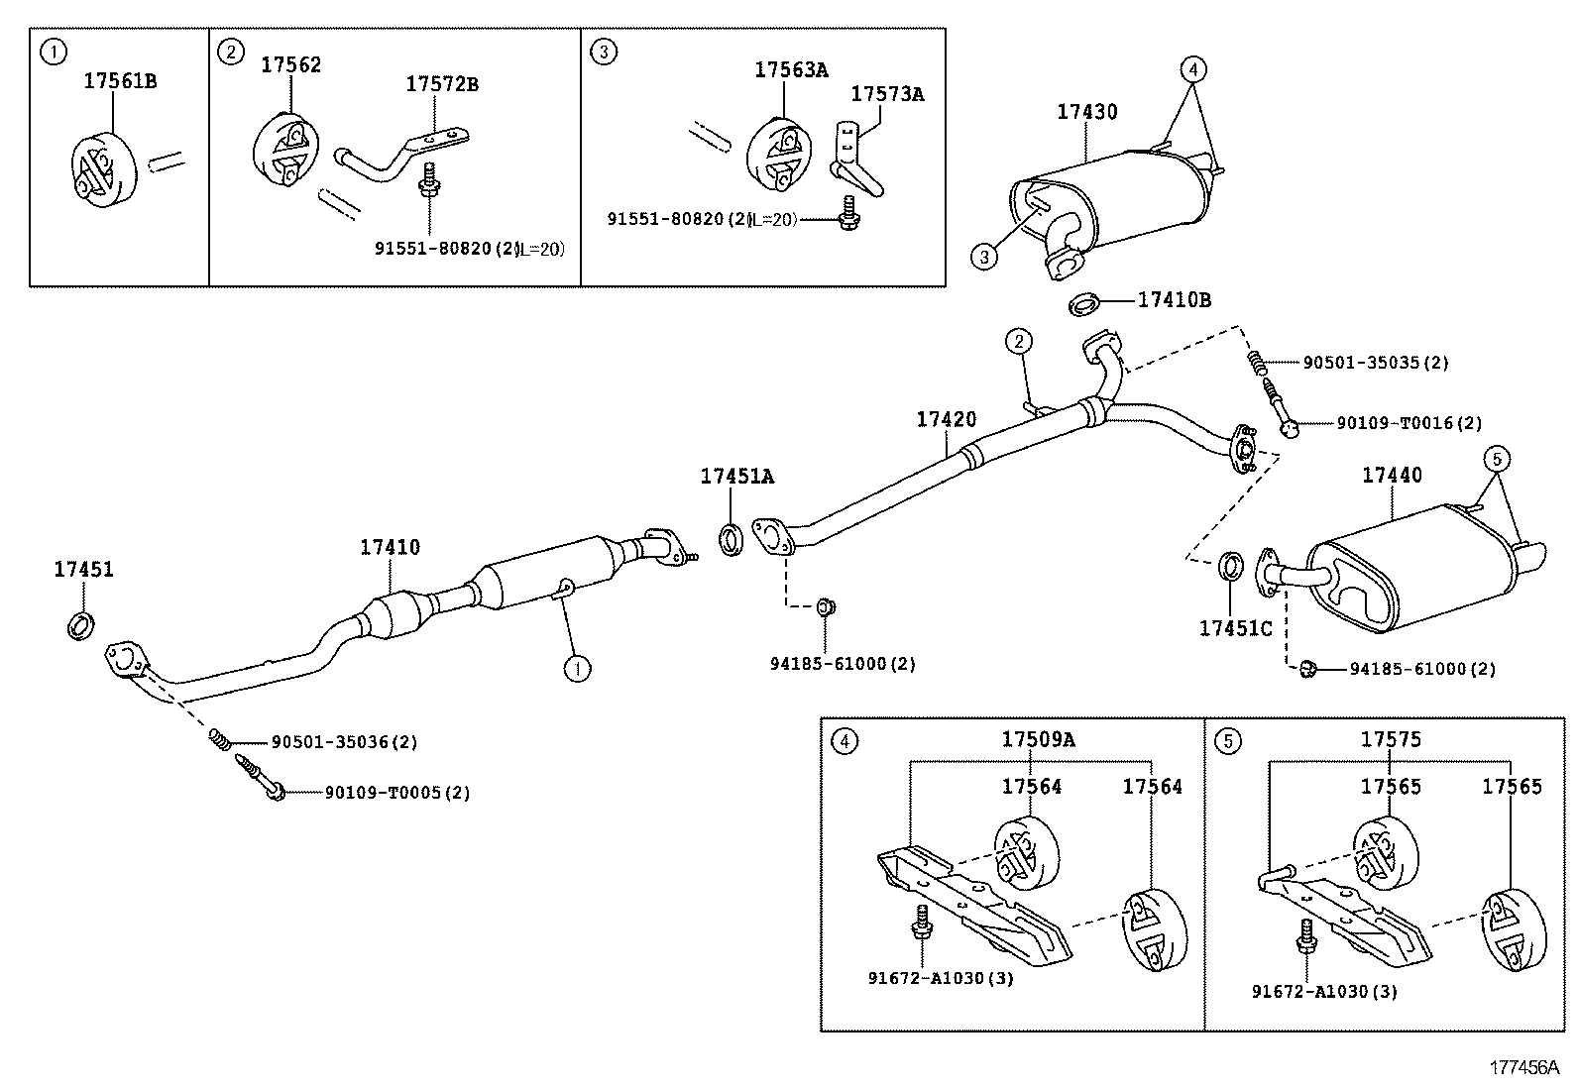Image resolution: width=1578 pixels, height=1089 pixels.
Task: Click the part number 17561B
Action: (x=119, y=81)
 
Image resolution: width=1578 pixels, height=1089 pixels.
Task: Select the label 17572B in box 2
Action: (x=441, y=84)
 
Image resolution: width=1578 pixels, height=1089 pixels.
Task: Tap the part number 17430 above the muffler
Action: (x=1086, y=112)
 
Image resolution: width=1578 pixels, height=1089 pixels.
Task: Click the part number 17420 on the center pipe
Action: (x=946, y=420)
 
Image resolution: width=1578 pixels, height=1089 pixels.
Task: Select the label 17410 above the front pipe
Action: (x=390, y=547)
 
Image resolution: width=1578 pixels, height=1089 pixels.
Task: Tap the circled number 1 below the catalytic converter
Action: (x=576, y=670)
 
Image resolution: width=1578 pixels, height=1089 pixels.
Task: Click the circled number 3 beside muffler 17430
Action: (x=983, y=258)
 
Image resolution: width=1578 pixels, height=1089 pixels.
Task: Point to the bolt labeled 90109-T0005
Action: (x=260, y=778)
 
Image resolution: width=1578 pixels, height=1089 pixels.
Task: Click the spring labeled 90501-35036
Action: (x=220, y=738)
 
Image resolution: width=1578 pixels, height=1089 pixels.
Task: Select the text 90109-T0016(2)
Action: (x=1409, y=423)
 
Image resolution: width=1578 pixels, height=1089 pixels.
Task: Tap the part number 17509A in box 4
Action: (x=1038, y=739)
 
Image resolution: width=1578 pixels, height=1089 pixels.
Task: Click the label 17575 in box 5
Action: (x=1391, y=739)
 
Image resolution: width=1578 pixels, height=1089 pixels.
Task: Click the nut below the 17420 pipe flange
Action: (x=824, y=607)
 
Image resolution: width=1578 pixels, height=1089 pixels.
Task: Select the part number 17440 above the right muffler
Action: (x=1391, y=476)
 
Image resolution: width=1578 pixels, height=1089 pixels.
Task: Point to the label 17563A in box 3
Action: (x=791, y=69)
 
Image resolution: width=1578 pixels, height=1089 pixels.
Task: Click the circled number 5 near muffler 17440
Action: (x=1497, y=458)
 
